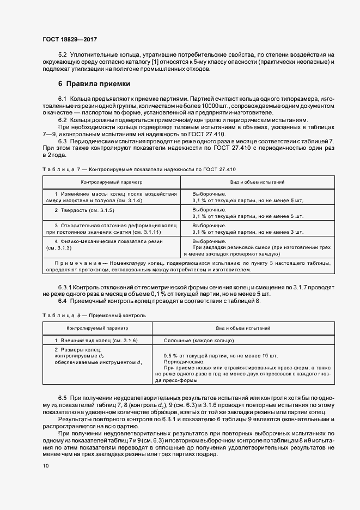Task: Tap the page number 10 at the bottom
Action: [45, 465]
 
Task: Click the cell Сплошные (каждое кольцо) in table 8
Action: [199, 340]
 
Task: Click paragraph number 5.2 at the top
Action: [63, 56]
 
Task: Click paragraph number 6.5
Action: [63, 399]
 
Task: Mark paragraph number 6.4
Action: [63, 301]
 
